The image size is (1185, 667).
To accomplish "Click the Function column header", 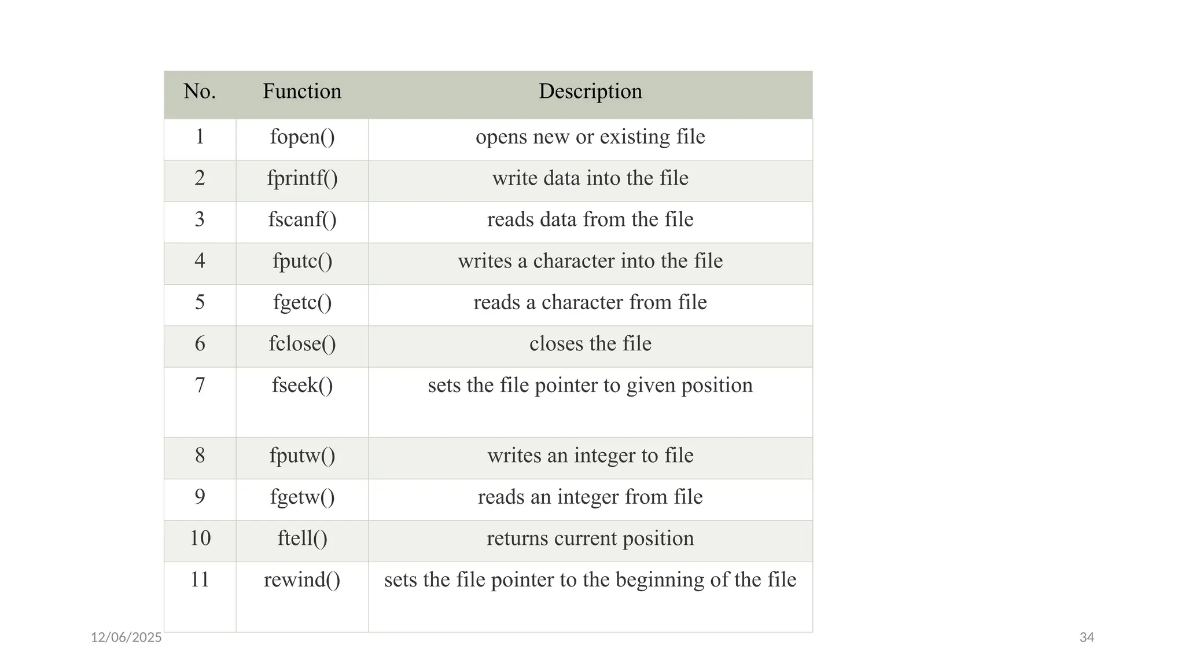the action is (302, 91).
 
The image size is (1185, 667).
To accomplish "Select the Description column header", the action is (590, 91).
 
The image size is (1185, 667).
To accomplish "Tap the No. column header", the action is (200, 91).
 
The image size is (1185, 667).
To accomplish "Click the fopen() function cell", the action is (302, 137).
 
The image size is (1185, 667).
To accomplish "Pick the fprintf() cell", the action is (302, 178).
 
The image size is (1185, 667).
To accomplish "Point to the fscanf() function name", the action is (302, 220).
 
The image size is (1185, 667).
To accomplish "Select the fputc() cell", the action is (302, 261).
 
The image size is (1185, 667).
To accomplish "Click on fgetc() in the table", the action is (302, 303).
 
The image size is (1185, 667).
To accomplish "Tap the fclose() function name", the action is (302, 344).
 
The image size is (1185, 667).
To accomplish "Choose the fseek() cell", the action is (302, 386).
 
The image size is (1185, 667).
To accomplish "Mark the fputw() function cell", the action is (302, 456).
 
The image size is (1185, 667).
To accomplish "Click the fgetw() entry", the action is (302, 497).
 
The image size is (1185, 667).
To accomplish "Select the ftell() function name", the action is (302, 538).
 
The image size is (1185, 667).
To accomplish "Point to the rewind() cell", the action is (302, 580).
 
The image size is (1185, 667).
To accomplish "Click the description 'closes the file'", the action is (590, 344).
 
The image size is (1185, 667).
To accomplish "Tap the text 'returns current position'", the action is (590, 538).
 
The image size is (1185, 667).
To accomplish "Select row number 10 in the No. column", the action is (200, 538).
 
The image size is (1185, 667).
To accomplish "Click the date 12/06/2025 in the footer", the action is (126, 637).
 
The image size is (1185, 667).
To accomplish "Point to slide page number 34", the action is (1087, 637).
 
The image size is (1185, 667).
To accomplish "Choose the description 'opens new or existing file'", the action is (590, 137).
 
